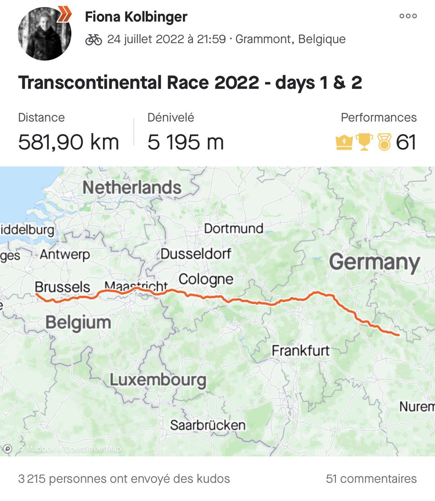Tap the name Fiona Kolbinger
[x=136, y=17]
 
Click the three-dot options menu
[x=408, y=16]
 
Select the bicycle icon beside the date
[x=94, y=40]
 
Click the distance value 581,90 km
[x=69, y=142]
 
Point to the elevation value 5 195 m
[x=186, y=142]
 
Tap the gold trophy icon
[x=364, y=142]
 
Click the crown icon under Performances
[x=344, y=143]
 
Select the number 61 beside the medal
[x=406, y=142]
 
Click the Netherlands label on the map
[x=132, y=188]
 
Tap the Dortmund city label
[x=233, y=228]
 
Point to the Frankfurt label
[x=301, y=350]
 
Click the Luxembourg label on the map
[x=158, y=380]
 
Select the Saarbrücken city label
[x=207, y=425]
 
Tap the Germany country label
[x=374, y=263]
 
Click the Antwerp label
[x=65, y=254]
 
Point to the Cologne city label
[x=206, y=279]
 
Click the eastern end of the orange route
[x=399, y=334]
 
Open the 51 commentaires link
[x=371, y=478]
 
